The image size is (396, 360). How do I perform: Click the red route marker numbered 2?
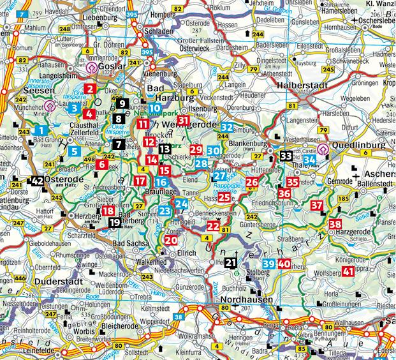(x=91, y=89)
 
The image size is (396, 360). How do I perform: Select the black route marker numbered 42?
(x=38, y=181)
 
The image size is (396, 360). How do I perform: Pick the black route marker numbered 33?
(x=286, y=155)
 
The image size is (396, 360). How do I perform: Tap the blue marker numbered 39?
(x=269, y=264)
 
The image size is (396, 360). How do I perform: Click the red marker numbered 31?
(x=184, y=120)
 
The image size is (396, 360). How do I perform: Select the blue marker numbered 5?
(x=75, y=151)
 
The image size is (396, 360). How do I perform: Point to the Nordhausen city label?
(x=246, y=299)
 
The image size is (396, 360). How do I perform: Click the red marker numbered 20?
(x=170, y=240)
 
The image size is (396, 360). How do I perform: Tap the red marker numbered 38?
(x=335, y=224)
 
